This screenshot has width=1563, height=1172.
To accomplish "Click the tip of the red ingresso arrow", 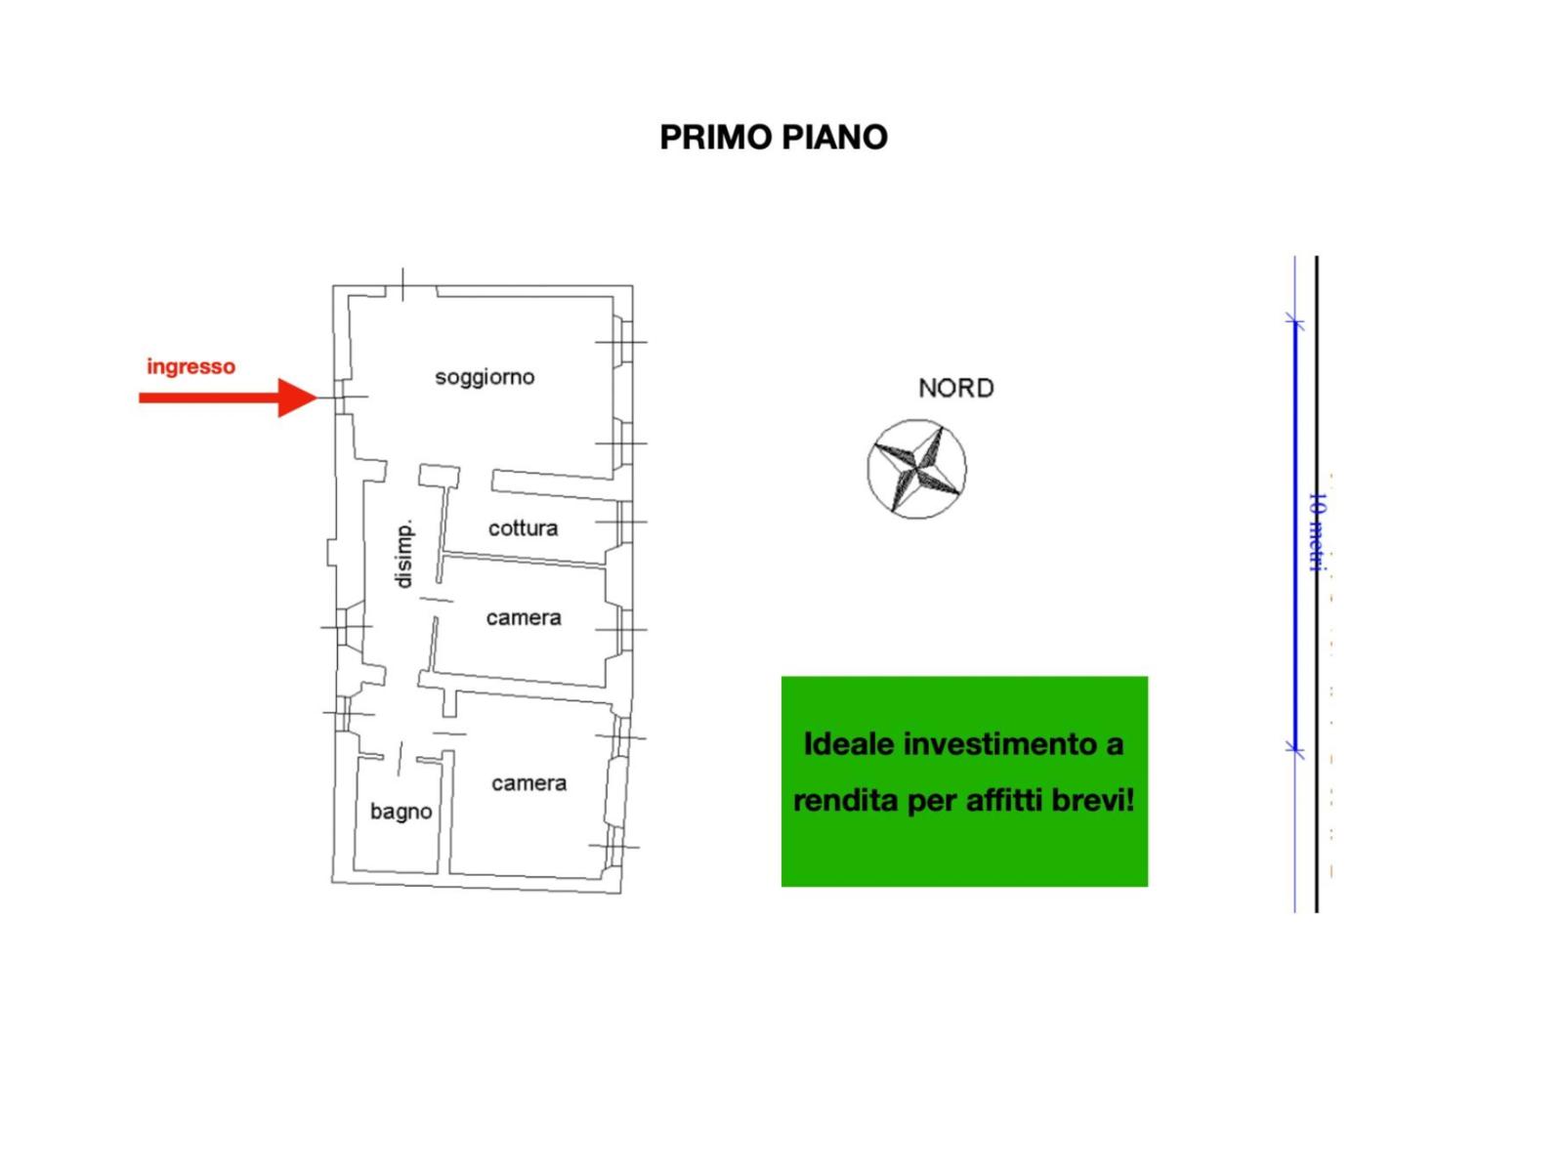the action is pyautogui.click(x=317, y=398).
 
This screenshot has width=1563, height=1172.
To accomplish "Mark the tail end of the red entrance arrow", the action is pyautogui.click(x=140, y=398).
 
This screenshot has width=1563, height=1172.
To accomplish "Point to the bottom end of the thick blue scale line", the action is pyautogui.click(x=1294, y=750).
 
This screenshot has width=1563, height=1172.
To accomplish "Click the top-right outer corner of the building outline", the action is pyautogui.click(x=632, y=286).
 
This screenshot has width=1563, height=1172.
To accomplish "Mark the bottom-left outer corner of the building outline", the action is pyautogui.click(x=332, y=883).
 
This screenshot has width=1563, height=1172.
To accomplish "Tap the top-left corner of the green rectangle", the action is pyautogui.click(x=781, y=677).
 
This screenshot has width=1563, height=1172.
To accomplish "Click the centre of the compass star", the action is pyautogui.click(x=917, y=469).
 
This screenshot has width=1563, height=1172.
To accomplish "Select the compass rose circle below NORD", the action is pyautogui.click(x=917, y=469).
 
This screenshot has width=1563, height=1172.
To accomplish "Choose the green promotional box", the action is pyautogui.click(x=965, y=781).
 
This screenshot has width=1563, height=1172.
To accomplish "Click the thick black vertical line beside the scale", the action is pyautogui.click(x=1317, y=584).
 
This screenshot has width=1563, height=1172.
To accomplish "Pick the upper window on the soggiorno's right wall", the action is pyautogui.click(x=623, y=342).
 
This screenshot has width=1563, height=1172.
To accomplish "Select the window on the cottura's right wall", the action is pyautogui.click(x=624, y=523).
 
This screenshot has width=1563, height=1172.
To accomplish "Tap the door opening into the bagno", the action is pyautogui.click(x=400, y=759).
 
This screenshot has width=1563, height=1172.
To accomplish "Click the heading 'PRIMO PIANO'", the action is pyautogui.click(x=774, y=138).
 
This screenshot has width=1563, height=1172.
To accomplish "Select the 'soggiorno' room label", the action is pyautogui.click(x=485, y=377).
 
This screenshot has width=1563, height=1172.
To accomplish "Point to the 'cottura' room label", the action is pyautogui.click(x=524, y=528).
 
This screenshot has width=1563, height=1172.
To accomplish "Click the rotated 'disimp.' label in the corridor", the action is pyautogui.click(x=403, y=555).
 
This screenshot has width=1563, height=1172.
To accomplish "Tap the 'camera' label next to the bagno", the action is pyautogui.click(x=529, y=783).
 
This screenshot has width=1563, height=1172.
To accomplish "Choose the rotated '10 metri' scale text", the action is pyautogui.click(x=1318, y=532).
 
